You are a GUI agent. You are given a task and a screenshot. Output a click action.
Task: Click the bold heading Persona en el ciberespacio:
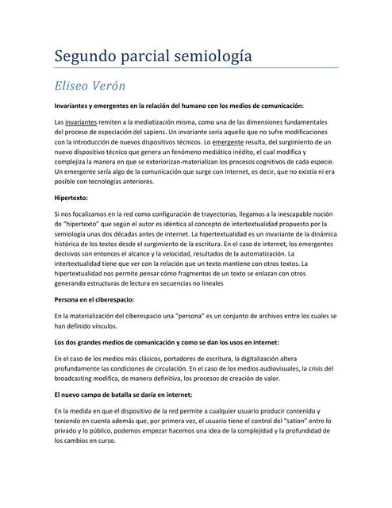[94, 299]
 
